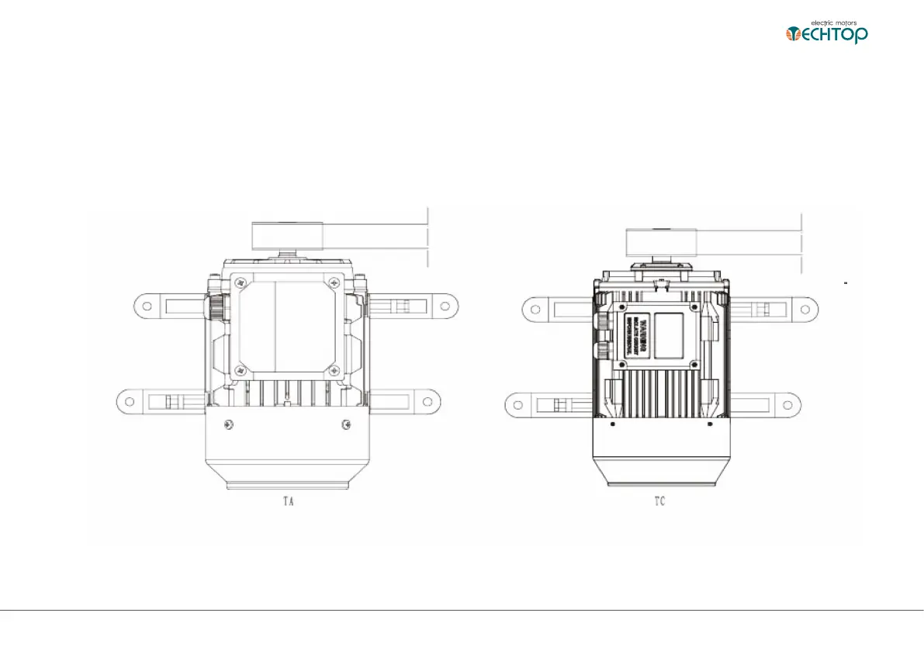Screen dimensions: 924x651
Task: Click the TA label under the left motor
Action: coord(286,502)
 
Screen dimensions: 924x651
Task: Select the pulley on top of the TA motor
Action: coord(286,234)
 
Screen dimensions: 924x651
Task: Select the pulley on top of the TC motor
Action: coord(661,242)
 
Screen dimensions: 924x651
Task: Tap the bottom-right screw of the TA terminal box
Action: coord(332,370)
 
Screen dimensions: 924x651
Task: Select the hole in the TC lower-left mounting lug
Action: coord(515,404)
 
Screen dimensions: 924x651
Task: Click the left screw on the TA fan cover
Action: coord(227,424)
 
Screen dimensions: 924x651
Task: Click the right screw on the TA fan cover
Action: coord(344,424)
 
